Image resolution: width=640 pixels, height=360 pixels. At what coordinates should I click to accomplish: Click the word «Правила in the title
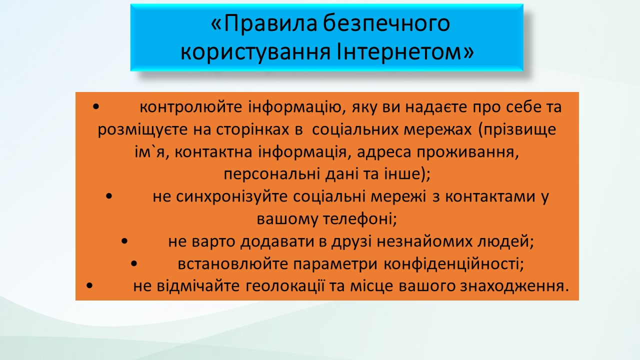pyautogui.click(x=264, y=23)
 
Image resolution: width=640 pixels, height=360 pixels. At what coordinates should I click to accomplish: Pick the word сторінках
pyautogui.click(x=252, y=129)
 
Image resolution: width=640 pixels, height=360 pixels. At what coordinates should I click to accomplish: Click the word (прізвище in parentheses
pyautogui.click(x=517, y=130)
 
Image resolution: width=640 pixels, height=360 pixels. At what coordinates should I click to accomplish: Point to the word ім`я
pyautogui.click(x=149, y=151)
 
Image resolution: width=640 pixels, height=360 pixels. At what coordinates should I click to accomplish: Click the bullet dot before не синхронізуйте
pyautogui.click(x=109, y=196)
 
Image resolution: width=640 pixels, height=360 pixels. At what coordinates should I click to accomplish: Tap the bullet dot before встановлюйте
pyautogui.click(x=133, y=263)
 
